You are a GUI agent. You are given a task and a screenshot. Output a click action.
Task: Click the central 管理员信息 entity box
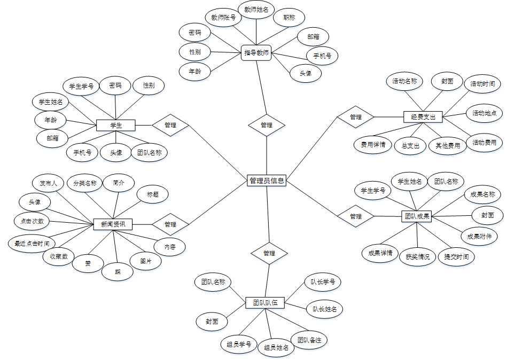tap(267, 181)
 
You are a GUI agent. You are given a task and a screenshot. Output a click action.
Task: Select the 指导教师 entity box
tap(256, 52)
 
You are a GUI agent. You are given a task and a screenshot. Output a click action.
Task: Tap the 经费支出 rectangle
tap(423, 116)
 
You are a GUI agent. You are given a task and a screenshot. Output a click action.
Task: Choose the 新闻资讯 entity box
tap(113, 224)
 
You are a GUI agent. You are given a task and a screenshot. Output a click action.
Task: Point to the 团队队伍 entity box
tap(265, 303)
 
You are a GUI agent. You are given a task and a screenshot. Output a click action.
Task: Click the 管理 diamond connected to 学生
tap(170, 126)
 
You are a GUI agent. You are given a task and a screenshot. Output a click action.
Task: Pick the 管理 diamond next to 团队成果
tap(356, 216)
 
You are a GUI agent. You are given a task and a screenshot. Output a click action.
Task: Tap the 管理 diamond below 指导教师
tap(267, 125)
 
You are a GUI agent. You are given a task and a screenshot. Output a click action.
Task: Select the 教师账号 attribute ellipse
tap(223, 18)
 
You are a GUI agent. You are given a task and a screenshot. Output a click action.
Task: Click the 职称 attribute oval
tap(289, 18)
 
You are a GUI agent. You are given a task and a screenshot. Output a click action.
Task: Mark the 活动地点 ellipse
tap(485, 113)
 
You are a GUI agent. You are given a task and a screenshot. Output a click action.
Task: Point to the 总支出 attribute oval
tap(410, 146)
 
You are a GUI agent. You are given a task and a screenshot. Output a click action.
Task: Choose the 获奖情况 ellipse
tap(417, 256)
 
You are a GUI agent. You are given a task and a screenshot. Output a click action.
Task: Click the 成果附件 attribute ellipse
tap(479, 236)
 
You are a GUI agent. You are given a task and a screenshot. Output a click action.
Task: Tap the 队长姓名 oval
tap(324, 309)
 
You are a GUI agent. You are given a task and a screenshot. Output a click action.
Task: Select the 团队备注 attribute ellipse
tap(309, 340)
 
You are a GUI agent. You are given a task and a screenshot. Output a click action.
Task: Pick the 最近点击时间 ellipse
tap(32, 244)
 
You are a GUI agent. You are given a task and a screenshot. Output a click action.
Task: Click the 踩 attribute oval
tap(117, 271)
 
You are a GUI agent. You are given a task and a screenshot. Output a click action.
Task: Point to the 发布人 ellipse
tap(48, 183)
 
